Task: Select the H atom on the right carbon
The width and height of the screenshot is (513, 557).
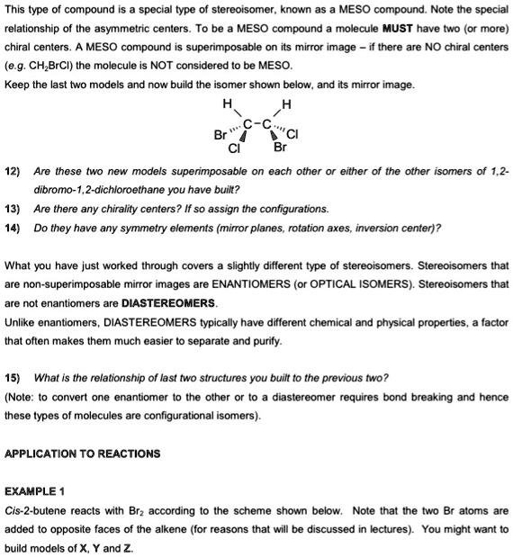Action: point(286,103)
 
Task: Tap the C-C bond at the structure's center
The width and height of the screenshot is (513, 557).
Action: point(256,121)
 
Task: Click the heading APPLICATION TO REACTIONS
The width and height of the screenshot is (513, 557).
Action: point(83,453)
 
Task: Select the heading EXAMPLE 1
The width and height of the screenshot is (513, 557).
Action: point(35,491)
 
